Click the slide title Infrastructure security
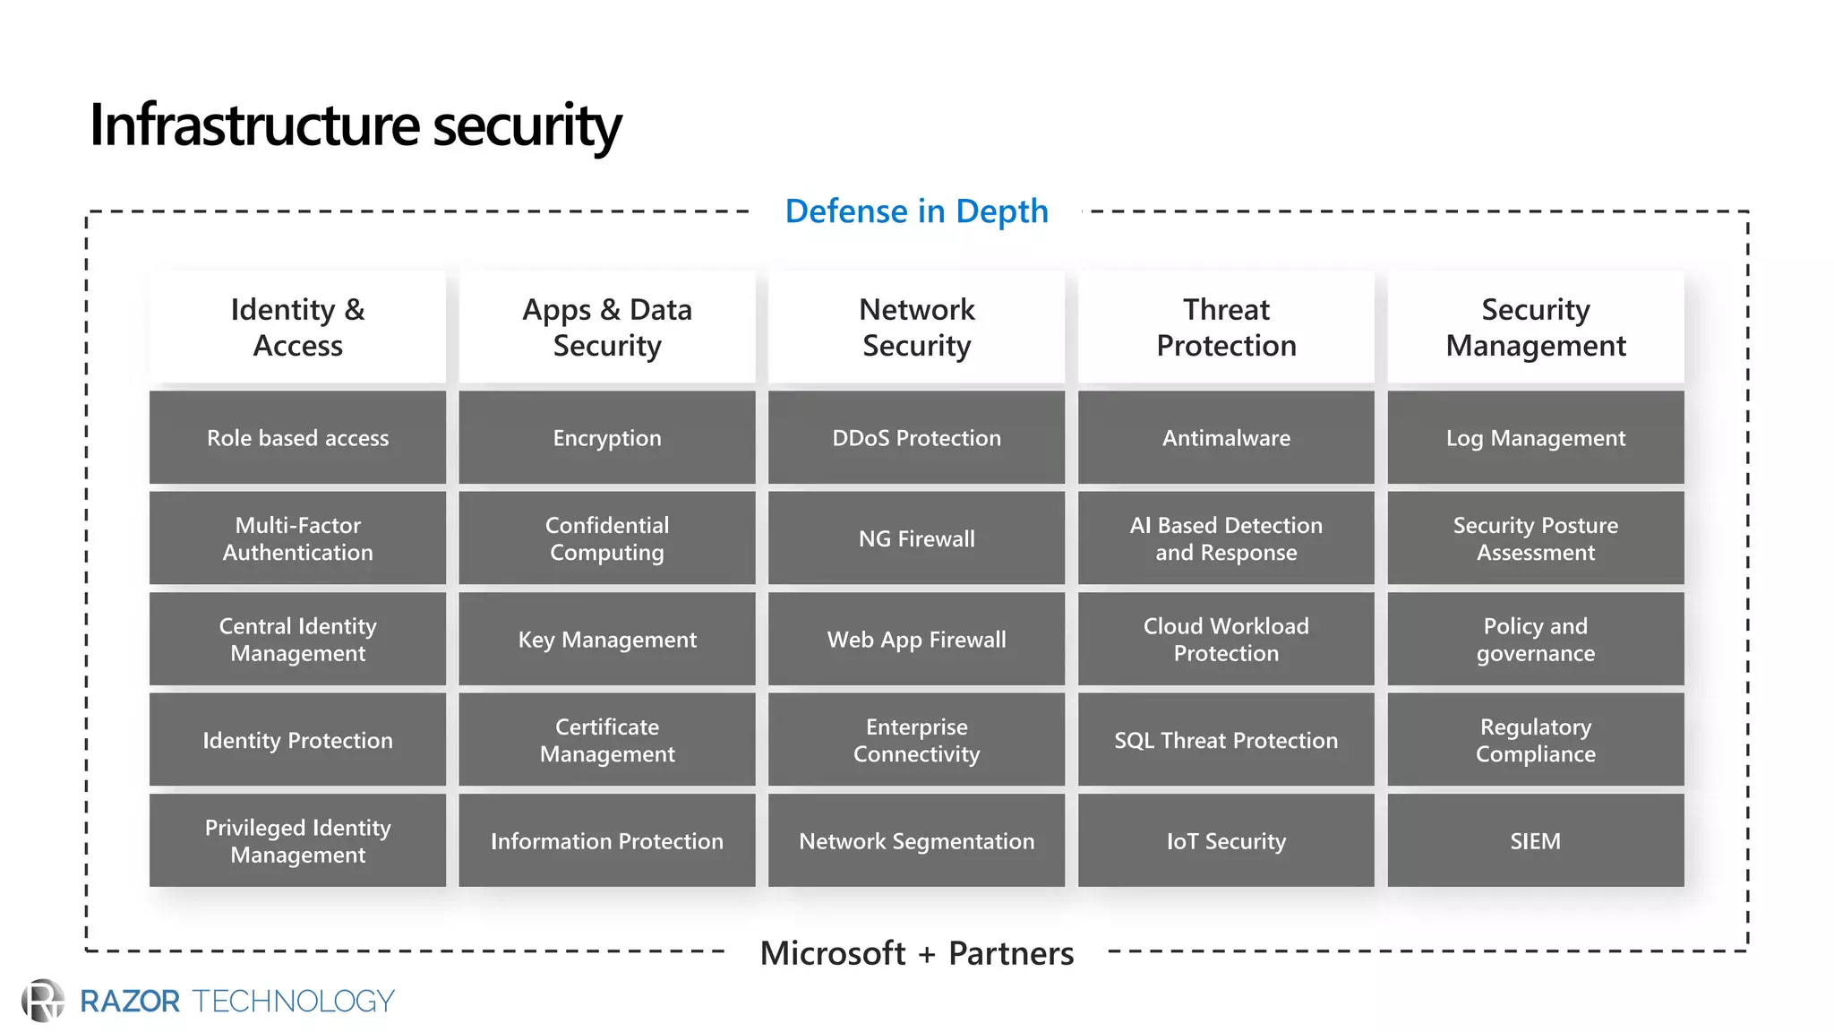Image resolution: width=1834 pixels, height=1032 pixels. pos(355,125)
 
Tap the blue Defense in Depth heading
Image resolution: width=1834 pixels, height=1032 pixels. pos(916,211)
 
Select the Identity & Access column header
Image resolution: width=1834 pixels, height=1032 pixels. pos(297,327)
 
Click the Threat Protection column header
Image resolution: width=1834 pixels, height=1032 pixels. pos(1226,327)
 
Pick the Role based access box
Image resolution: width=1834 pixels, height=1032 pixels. pos(297,438)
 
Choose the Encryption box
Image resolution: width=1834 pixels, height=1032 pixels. pos(607,438)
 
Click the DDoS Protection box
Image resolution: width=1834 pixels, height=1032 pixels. pos(916,438)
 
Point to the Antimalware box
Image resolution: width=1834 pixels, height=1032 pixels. pos(1226,438)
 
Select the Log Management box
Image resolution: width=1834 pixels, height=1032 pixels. pos(1535,438)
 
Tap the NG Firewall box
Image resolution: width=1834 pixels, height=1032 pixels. pos(916,538)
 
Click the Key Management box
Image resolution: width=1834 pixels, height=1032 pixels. pos(607,640)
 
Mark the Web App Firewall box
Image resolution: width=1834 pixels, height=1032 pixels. pos(916,640)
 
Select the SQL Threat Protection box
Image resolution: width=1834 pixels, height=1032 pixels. pos(1226,740)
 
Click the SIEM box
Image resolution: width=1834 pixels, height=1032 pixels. pos(1535,841)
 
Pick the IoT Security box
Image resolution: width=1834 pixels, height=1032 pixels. pos(1226,841)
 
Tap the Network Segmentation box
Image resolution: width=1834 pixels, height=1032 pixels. pos(916,841)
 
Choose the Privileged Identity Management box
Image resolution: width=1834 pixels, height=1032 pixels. pos(297,841)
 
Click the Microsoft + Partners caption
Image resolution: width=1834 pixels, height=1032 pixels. pos(916,953)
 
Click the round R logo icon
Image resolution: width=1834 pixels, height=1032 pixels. pos(43,1001)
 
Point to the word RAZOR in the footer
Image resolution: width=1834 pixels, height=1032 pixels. pos(130,1002)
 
